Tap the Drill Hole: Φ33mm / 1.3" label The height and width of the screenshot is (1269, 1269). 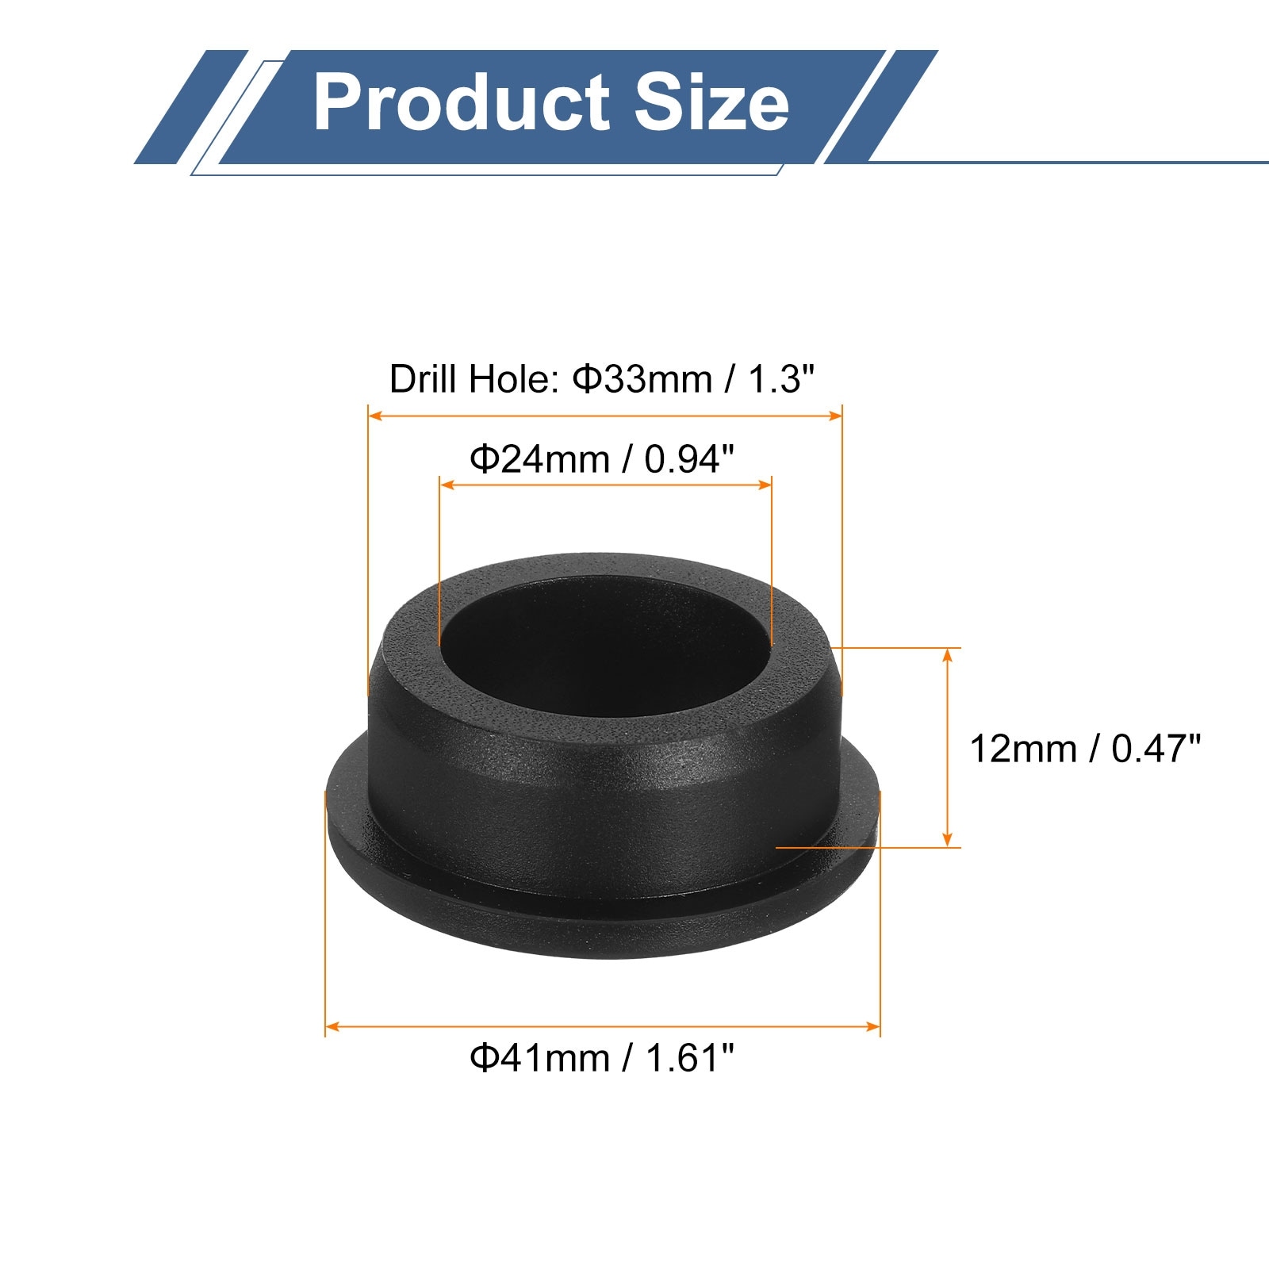click(602, 379)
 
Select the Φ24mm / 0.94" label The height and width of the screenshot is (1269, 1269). click(602, 458)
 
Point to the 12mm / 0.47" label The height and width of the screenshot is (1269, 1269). click(1085, 749)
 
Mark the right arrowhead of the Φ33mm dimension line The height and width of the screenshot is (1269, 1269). click(834, 415)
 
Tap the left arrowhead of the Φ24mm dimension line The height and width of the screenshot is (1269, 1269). click(447, 484)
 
